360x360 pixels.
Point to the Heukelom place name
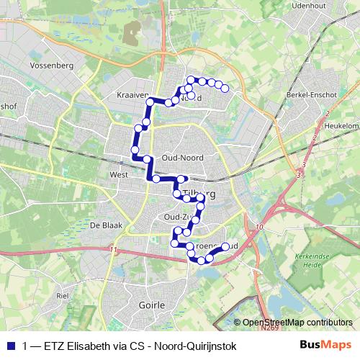tap(342, 125)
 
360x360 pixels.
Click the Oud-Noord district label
tap(183, 158)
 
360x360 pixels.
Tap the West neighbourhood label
tap(118, 174)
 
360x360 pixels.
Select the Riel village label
tap(62, 295)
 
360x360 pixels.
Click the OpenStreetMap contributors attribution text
tap(297, 323)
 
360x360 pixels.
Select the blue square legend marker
tap(11, 346)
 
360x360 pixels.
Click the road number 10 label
tap(259, 227)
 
